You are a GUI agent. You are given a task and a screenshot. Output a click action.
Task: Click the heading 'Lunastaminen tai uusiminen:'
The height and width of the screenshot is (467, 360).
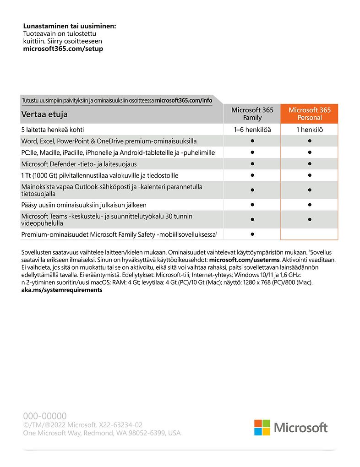70,26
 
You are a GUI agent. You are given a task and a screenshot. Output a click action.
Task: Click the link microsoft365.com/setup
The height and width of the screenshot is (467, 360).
63,49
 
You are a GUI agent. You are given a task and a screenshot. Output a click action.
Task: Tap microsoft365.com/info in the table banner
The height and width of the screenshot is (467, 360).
183,100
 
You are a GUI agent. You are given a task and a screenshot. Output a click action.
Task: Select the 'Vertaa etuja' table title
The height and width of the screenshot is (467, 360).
47,114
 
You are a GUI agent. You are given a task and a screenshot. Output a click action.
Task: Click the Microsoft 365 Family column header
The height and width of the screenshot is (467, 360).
252,114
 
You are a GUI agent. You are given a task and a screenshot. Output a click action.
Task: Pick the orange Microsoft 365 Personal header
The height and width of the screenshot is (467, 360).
309,114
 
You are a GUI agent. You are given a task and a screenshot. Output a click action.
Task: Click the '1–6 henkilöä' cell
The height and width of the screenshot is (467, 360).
252,130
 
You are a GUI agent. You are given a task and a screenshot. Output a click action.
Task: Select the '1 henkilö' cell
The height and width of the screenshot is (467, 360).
309,130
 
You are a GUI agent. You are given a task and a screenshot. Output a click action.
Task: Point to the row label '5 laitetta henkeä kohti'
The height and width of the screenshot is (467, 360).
53,130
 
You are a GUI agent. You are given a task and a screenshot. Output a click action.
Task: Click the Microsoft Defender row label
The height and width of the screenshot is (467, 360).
79,164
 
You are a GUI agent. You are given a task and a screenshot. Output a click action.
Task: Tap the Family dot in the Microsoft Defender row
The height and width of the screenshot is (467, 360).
252,164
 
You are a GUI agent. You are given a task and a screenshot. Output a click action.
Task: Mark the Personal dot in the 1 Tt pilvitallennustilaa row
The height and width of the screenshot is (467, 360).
310,175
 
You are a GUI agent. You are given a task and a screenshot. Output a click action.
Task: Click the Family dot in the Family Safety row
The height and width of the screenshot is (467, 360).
252,234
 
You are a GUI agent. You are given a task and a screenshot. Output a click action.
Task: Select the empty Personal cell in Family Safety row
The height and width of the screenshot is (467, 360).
309,234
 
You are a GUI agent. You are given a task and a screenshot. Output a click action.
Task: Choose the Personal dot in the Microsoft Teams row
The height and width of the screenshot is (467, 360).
310,219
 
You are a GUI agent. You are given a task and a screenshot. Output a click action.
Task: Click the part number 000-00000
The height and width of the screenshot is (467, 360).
45,416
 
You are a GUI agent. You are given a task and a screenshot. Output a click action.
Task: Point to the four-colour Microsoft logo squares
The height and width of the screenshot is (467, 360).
262,428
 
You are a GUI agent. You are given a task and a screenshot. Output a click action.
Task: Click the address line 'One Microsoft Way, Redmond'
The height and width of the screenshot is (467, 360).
102,433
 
